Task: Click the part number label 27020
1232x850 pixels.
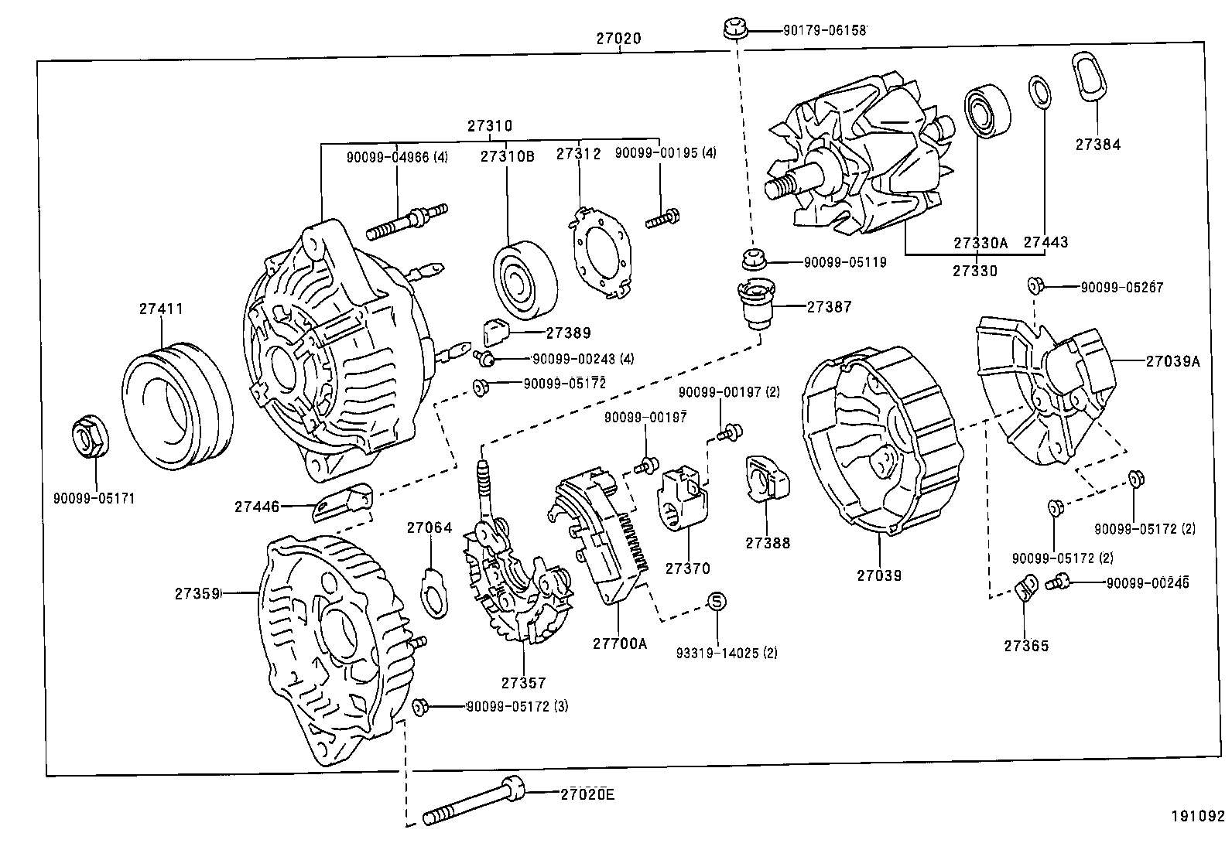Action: (618, 38)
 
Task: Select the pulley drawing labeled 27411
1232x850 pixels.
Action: (178, 406)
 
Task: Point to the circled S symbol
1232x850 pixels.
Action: (717, 601)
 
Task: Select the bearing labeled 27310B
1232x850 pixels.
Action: (524, 282)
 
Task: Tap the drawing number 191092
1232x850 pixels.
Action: (1197, 816)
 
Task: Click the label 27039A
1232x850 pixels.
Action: (1173, 360)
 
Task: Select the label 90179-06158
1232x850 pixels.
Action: (824, 30)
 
